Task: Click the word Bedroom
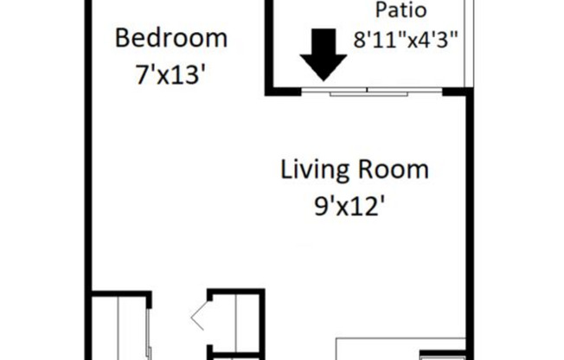[x=171, y=39]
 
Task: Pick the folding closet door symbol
[x=200, y=316]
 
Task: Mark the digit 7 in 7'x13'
[x=141, y=74]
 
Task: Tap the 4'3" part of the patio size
[x=438, y=39]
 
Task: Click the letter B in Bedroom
[x=123, y=39]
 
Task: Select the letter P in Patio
[x=380, y=11]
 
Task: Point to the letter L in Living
[x=286, y=169]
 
